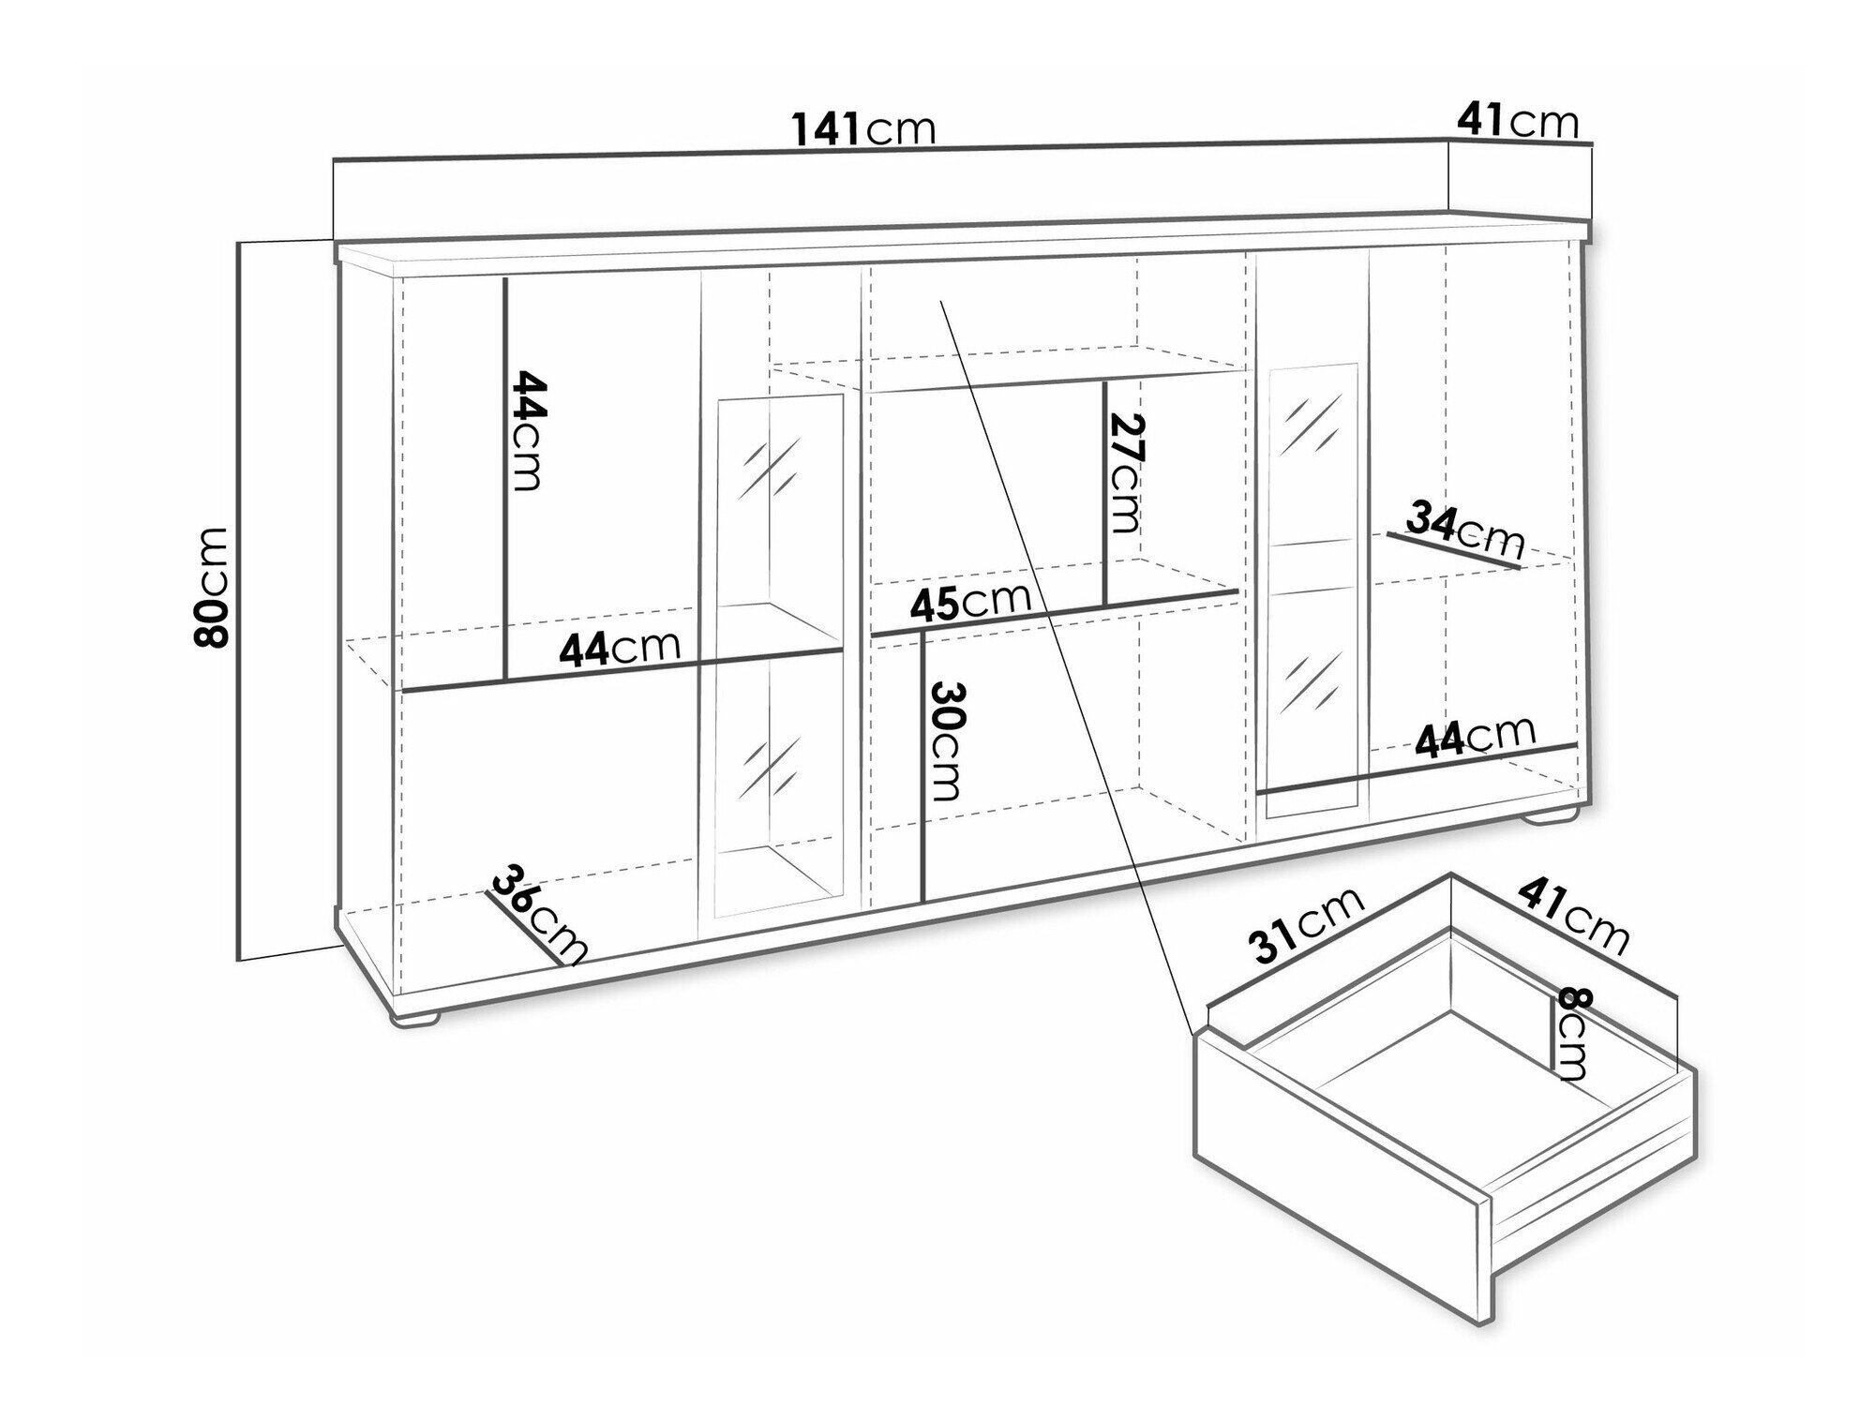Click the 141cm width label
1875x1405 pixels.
click(864, 128)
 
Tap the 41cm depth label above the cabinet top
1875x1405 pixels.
click(1518, 121)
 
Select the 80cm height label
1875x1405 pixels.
click(211, 587)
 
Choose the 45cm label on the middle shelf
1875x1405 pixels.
click(970, 603)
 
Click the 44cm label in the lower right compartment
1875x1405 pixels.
click(1476, 738)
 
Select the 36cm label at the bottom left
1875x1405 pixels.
click(538, 914)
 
